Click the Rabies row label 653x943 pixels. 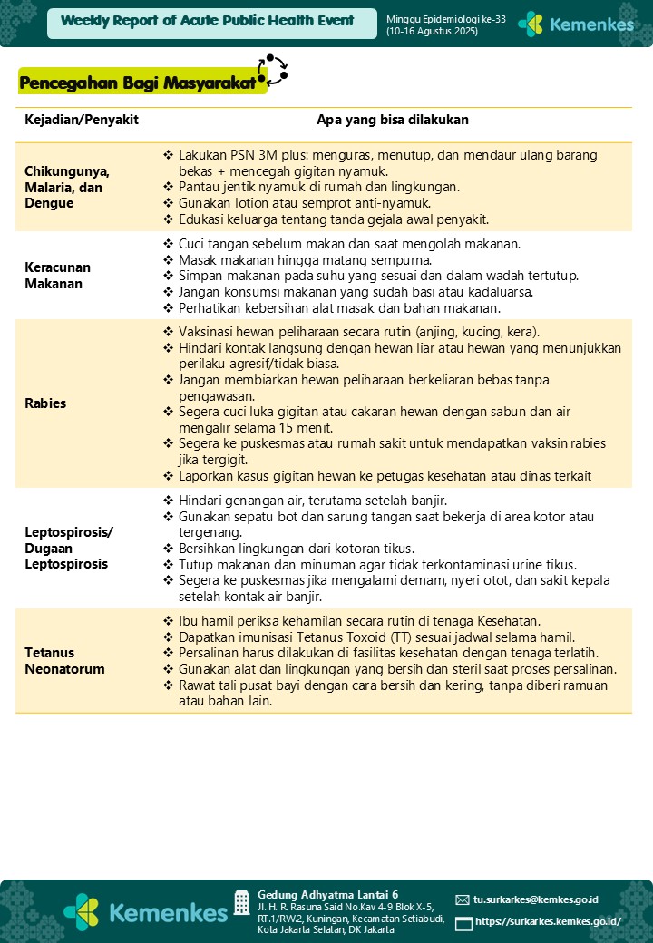[x=45, y=403]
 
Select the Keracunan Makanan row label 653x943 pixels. [x=58, y=276]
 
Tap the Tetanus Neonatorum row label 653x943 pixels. [x=64, y=661]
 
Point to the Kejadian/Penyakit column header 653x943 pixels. [x=81, y=120]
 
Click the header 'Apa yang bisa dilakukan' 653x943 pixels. [x=392, y=120]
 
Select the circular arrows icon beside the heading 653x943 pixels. [x=272, y=70]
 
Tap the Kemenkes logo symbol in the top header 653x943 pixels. [x=531, y=24]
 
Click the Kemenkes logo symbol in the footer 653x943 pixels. [x=81, y=910]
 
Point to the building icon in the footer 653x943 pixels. [x=241, y=902]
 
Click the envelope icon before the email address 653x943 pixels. [x=463, y=900]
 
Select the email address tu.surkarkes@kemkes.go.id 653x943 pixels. [x=536, y=899]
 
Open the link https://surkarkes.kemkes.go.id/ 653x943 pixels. [x=548, y=922]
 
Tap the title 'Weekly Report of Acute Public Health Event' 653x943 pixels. [x=208, y=21]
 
